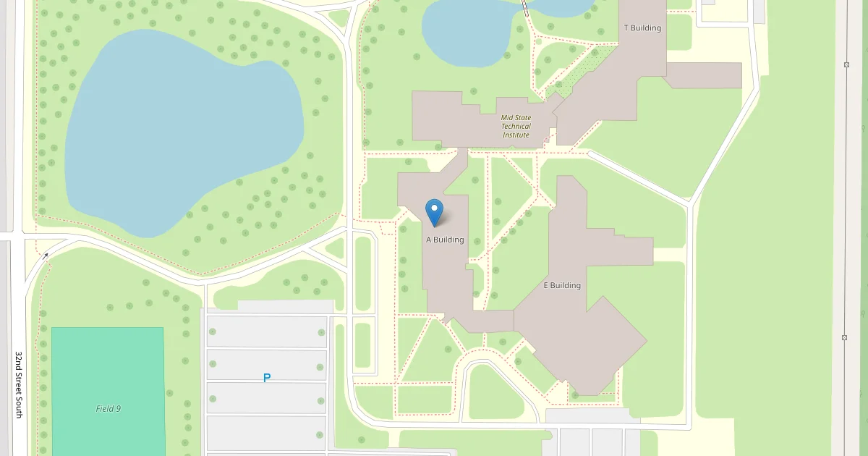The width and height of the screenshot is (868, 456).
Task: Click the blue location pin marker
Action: (x=434, y=212)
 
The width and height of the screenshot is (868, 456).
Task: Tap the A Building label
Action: (x=445, y=240)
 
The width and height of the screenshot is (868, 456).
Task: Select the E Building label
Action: (x=562, y=285)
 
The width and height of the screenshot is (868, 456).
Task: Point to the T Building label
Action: (x=642, y=28)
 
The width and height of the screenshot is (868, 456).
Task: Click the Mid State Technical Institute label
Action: (x=516, y=126)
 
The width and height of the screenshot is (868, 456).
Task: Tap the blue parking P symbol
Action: (x=267, y=378)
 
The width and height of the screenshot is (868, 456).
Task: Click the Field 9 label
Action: (x=109, y=408)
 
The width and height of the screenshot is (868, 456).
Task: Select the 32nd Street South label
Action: (x=20, y=384)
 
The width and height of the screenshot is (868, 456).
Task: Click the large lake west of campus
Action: (x=181, y=130)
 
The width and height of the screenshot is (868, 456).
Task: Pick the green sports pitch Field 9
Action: (x=109, y=369)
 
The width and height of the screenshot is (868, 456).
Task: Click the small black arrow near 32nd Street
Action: (x=46, y=256)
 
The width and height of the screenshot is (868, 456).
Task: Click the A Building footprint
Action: (x=445, y=275)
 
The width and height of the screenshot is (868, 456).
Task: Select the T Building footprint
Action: (x=615, y=80)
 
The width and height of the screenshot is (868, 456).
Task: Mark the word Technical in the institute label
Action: (x=516, y=126)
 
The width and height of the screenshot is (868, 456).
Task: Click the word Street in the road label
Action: (x=20, y=384)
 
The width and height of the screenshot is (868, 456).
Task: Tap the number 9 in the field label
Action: (x=118, y=408)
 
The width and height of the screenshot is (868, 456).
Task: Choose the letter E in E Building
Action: (x=546, y=285)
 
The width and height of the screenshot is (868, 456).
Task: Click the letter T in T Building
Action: (x=626, y=28)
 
